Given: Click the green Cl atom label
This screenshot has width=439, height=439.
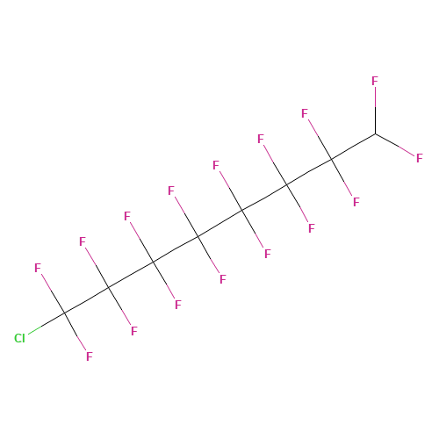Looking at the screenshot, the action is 19,338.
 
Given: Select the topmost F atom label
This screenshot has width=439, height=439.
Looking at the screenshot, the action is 375,81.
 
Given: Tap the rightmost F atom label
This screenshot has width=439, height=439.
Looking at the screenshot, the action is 420,158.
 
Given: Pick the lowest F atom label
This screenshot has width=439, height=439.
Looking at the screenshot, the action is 90,356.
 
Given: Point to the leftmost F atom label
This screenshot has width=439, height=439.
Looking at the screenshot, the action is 38,268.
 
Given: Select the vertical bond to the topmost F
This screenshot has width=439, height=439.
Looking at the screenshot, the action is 375,111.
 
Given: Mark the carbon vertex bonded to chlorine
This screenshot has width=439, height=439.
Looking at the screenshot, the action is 64,313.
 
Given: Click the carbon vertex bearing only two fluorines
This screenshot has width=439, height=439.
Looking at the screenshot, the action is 376,134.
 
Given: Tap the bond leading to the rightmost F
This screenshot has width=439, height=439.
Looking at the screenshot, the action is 395,145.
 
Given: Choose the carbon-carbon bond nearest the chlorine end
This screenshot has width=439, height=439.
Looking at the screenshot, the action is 87,300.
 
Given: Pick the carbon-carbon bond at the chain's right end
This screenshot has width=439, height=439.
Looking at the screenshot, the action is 354,147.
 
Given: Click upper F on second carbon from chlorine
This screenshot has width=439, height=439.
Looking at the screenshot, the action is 83,241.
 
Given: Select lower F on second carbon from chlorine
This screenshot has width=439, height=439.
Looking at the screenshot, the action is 134,331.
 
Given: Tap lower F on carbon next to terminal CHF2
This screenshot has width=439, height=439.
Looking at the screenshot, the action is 356,202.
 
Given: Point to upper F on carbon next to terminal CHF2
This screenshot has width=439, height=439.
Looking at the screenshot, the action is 305,113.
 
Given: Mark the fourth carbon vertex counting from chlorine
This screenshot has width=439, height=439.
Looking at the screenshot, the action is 198,236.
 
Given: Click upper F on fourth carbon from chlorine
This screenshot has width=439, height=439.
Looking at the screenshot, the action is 171,191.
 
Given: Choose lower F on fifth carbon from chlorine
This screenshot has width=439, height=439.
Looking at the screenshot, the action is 268,254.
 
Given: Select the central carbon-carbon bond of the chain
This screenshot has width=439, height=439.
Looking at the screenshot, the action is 220,223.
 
